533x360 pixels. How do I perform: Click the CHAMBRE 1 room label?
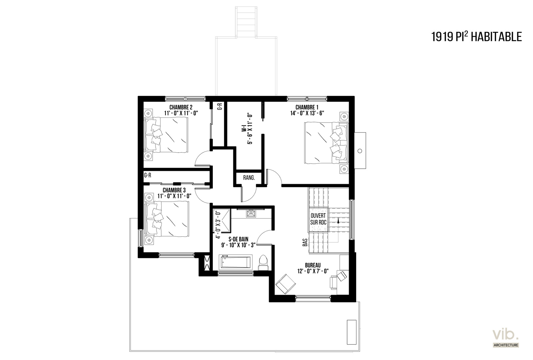coord(307,107)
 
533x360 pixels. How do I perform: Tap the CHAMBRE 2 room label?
coord(181,107)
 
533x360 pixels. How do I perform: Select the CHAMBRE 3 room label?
coord(174,190)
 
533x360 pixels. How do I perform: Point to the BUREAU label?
coord(313,265)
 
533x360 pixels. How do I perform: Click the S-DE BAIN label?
coord(239,239)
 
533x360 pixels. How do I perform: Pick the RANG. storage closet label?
coord(249,178)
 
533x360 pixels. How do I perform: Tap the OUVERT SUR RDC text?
coord(318,219)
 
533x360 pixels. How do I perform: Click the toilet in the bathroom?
coord(263,263)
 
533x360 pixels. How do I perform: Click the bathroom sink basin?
coord(251,213)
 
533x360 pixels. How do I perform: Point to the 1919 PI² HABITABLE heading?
coord(477,37)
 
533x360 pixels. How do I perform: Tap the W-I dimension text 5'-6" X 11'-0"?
coord(250,129)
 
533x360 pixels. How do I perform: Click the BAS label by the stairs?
coord(305,243)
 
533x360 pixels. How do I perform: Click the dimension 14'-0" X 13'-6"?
coord(307,113)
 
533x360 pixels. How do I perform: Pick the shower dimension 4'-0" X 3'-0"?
coord(218,225)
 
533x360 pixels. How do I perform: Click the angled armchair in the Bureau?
coord(285,284)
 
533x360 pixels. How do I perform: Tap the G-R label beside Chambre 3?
coord(148,175)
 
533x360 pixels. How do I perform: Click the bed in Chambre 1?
coord(326,143)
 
